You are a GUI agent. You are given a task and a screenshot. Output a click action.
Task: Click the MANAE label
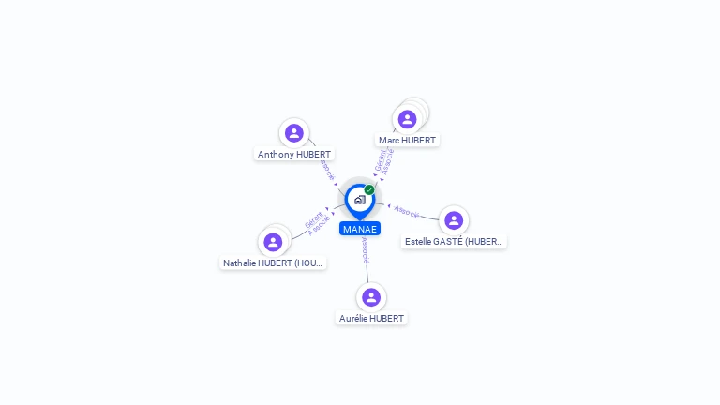pyautogui.click(x=360, y=229)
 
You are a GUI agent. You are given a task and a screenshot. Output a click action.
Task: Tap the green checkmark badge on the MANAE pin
pyautogui.click(x=369, y=190)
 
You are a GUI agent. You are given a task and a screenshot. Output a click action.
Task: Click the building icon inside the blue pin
pyautogui.click(x=359, y=200)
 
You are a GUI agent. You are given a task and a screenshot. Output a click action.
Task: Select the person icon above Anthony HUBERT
pyautogui.click(x=294, y=133)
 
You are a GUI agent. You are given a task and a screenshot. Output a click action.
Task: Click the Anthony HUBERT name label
pyautogui.click(x=294, y=154)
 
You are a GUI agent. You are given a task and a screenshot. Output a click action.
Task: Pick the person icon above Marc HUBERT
pyautogui.click(x=407, y=119)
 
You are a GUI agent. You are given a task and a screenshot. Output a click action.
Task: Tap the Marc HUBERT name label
pyautogui.click(x=407, y=141)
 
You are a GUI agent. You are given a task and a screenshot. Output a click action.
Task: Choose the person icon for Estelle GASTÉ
pyautogui.click(x=454, y=220)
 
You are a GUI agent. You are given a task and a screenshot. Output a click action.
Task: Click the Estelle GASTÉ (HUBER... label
pyautogui.click(x=454, y=242)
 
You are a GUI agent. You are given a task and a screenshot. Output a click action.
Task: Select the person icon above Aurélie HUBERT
pyautogui.click(x=371, y=297)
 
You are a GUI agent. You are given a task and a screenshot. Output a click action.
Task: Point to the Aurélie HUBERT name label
pyautogui.click(x=371, y=319)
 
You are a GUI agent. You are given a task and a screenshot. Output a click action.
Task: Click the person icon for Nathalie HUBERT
pyautogui.click(x=273, y=242)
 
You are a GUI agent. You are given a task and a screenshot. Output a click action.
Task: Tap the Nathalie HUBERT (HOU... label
pyautogui.click(x=273, y=263)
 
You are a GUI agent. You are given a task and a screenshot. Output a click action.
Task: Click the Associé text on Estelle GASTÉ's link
pyautogui.click(x=408, y=211)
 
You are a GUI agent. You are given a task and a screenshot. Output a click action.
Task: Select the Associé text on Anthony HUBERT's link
pyautogui.click(x=326, y=169)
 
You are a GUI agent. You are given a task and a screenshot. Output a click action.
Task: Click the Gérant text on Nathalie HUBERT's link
pyautogui.click(x=313, y=219)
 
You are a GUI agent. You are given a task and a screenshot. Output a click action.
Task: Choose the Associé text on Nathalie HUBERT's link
pyautogui.click(x=319, y=226)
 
